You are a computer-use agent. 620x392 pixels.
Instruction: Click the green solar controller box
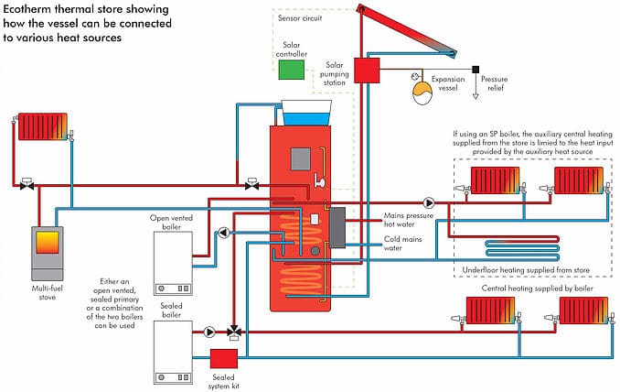[292, 70]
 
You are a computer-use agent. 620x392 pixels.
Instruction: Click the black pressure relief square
[476, 70]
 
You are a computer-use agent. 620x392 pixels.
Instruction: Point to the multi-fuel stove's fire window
[48, 242]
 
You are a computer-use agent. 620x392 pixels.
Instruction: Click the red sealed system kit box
[224, 359]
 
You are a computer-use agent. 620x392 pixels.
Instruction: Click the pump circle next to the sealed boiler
[209, 332]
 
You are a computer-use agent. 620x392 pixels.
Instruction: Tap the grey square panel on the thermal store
[303, 158]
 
